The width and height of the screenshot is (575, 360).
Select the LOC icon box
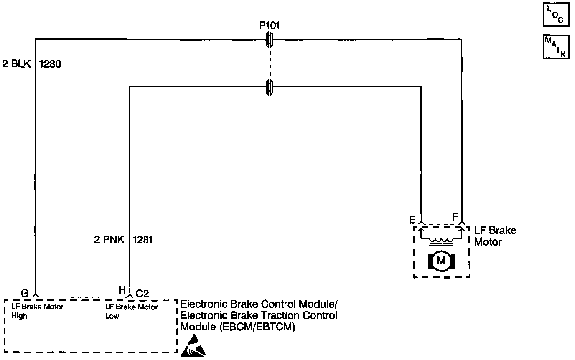tap(556, 15)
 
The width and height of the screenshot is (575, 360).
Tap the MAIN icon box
tap(556, 46)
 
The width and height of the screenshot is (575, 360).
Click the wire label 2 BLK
tap(16, 65)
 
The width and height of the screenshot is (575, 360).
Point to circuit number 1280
tap(50, 65)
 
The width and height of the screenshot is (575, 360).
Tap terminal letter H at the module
tap(122, 290)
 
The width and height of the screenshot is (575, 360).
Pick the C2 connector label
tap(142, 293)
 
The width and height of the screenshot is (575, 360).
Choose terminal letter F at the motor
tap(455, 217)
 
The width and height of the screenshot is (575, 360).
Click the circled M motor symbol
tap(441, 261)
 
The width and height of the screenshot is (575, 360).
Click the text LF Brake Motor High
tap(37, 311)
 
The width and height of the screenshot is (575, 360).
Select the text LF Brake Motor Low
tap(131, 311)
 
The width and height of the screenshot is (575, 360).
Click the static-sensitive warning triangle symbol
tap(193, 346)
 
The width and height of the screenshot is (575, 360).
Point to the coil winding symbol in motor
tap(441, 241)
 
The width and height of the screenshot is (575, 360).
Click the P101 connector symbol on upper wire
tap(270, 40)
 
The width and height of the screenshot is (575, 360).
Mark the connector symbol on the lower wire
tap(270, 86)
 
